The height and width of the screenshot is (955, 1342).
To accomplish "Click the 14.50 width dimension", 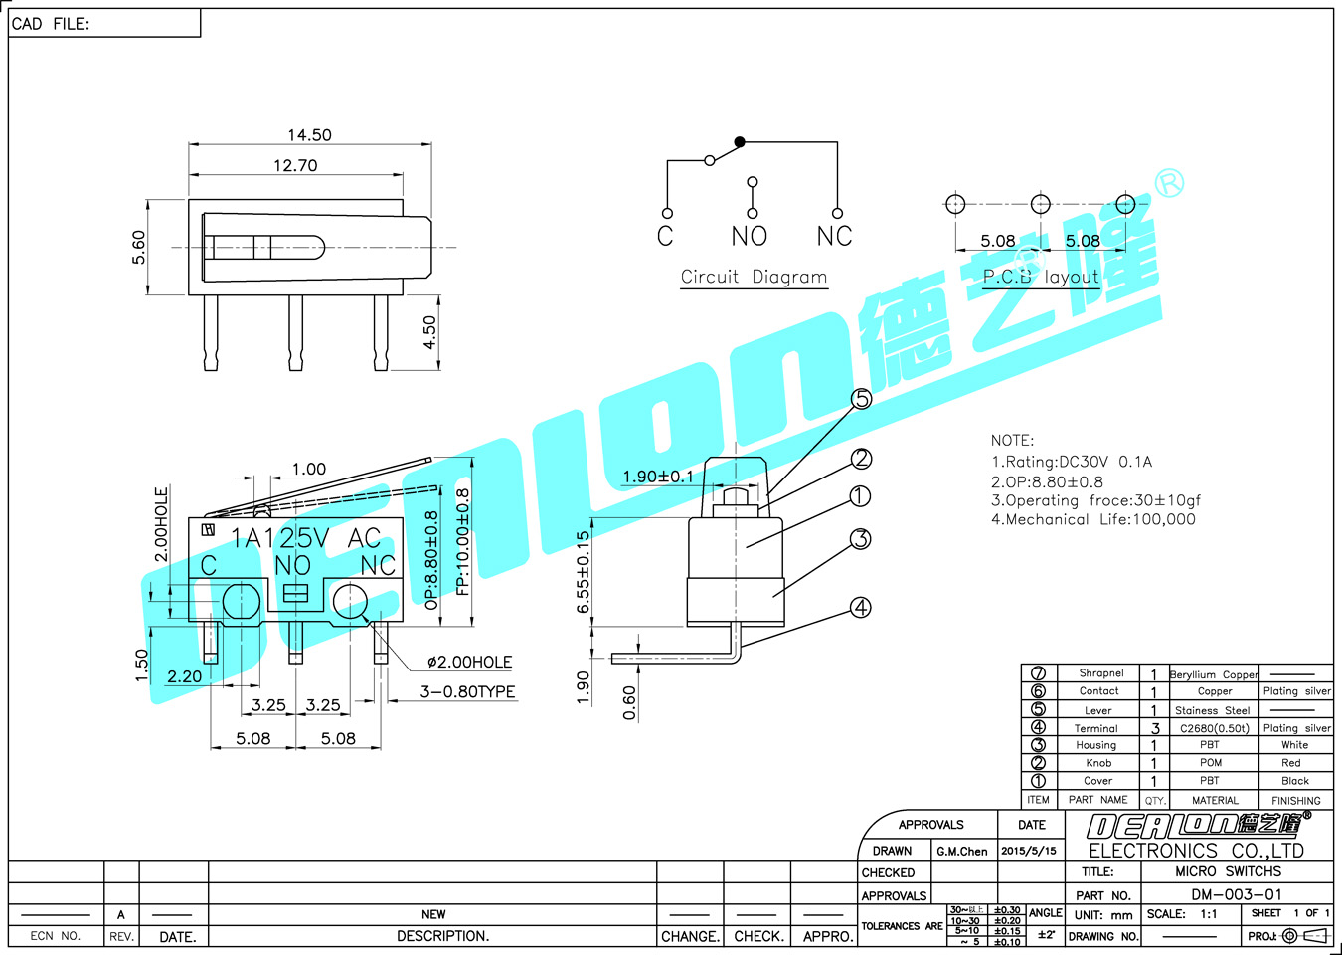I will click(309, 135).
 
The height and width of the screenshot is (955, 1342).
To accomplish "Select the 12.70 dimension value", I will click(295, 165).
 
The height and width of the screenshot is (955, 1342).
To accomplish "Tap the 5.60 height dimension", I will click(138, 247).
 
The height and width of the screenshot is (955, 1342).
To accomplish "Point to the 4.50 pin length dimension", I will click(429, 332).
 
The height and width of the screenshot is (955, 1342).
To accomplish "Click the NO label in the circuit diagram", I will click(750, 237).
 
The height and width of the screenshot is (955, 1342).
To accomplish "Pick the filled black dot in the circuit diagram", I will click(740, 142).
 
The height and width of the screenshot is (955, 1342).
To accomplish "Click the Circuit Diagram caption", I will click(754, 277).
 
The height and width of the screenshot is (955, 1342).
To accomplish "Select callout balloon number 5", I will click(862, 399).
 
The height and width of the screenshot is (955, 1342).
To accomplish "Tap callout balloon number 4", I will click(860, 608).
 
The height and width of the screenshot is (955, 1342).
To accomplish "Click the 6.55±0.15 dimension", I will click(584, 572).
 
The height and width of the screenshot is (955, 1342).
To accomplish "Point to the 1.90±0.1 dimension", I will click(658, 477).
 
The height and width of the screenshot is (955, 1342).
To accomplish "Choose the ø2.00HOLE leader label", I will click(469, 662).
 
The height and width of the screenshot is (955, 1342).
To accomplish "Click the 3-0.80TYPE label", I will click(467, 691).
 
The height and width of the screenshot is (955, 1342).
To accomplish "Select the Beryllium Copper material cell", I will click(1214, 674).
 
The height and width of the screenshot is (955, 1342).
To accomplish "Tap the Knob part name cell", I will click(1098, 763).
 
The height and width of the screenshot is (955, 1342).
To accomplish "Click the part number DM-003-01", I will click(1237, 894).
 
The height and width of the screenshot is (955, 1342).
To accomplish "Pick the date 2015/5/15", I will click(1029, 851).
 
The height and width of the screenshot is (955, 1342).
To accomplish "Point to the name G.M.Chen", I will click(962, 852).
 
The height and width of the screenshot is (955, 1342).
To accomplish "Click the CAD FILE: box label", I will click(51, 24).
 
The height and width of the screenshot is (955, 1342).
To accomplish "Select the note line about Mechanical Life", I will click(1093, 519).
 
